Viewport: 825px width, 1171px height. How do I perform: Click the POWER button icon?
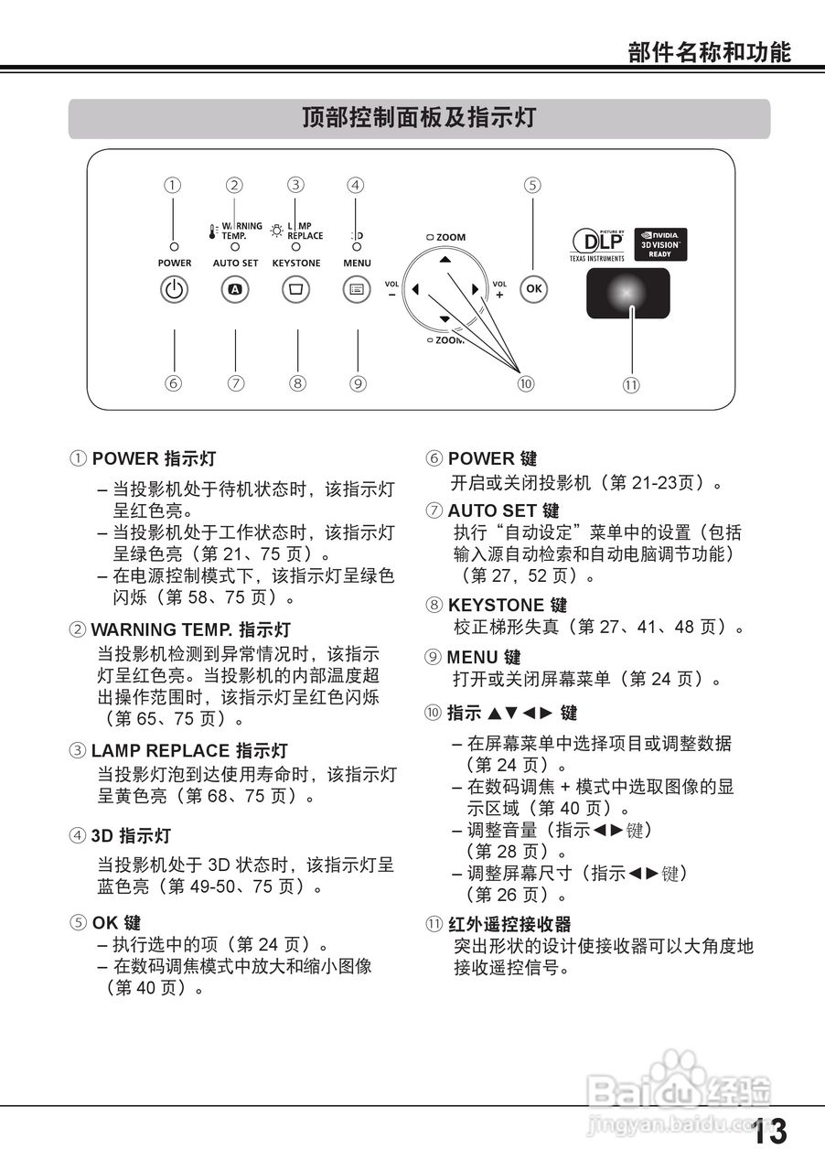point(175,290)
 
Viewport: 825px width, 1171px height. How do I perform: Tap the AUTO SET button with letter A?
point(235,290)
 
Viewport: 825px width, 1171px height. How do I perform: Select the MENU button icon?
point(357,290)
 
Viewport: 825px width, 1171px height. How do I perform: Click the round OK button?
point(534,289)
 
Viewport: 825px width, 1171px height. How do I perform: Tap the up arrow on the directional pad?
point(445,260)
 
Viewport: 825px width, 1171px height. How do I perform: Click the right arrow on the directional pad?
point(475,290)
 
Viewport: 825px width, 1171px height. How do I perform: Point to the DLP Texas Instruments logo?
point(597,245)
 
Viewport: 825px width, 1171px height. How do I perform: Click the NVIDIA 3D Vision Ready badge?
point(660,244)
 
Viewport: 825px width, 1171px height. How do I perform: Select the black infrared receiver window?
point(627,293)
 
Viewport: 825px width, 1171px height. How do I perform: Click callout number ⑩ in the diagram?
point(525,384)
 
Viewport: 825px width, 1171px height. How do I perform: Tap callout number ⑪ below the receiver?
point(631,385)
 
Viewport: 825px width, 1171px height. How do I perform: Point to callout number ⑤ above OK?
point(532,185)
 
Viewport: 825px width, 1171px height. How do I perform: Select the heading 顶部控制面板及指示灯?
point(419,118)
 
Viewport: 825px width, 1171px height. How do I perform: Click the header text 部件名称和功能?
point(709,51)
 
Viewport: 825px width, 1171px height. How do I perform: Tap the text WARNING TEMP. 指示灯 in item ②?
point(190,630)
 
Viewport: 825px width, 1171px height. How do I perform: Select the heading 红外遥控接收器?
point(509,924)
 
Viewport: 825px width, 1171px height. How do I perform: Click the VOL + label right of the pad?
point(499,289)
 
